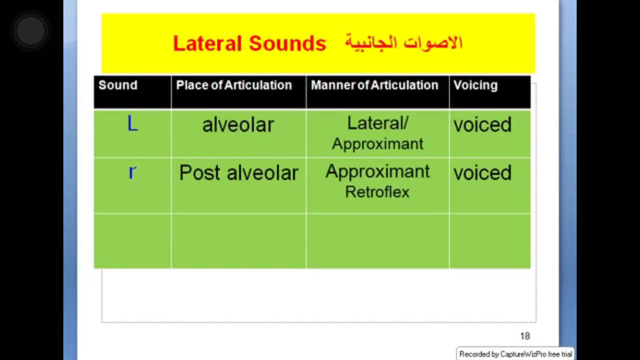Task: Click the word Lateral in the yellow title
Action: coord(207,44)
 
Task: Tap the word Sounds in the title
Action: coord(287,44)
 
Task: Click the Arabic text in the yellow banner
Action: coord(403,43)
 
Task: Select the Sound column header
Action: coord(118,85)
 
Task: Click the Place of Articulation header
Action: coord(234,85)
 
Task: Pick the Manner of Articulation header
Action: coord(375,85)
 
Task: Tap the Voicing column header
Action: coord(475,85)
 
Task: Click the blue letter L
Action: coord(132,123)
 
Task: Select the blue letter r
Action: coord(132,172)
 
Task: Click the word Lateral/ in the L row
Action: coord(378,123)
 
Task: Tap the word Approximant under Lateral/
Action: coord(378,144)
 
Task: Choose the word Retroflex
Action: coord(377,192)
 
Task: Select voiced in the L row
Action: coord(482,125)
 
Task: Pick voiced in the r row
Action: coord(482,173)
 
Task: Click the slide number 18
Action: coord(525,336)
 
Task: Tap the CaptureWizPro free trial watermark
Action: coord(515,354)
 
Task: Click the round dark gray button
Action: coord(31,30)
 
